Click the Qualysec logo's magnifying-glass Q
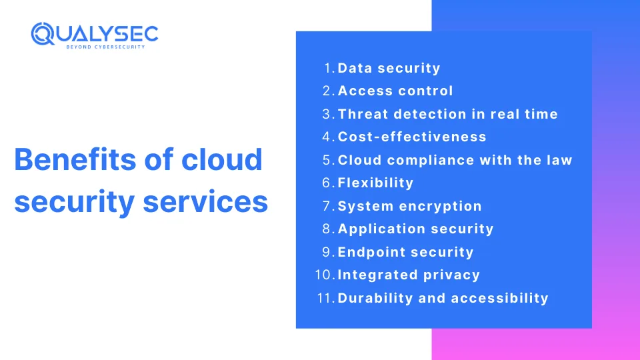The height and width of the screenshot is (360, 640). coord(43,33)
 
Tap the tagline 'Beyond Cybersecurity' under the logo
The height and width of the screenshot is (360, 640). coord(106,47)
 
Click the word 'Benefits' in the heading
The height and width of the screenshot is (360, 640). coord(75,159)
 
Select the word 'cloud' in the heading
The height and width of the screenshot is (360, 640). coord(221,159)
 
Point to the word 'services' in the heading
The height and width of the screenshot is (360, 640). coord(205,201)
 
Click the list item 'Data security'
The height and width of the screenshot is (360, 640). coord(389,68)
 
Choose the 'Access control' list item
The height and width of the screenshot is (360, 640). coord(395,91)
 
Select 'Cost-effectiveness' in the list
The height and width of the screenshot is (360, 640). coord(412,137)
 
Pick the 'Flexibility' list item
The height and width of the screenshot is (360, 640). coord(375,183)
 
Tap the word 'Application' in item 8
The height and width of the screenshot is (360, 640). coord(381,229)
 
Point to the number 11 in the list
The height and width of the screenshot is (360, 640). coord(325,298)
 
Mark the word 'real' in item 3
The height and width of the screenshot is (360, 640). coord(508,114)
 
